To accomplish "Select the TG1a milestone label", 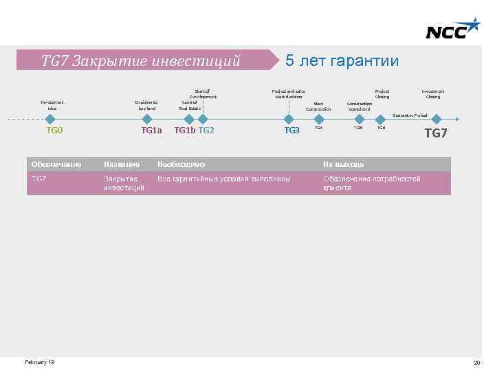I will (151, 130).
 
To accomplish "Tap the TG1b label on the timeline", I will (184, 130).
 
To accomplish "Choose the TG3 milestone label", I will (292, 131).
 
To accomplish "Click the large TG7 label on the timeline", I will (436, 133).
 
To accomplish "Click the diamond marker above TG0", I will (50, 118).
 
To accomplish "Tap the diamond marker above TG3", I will (291, 118).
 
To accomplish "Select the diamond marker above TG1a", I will (148, 118).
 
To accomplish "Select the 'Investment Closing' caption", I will (433, 93).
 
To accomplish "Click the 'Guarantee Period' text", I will (409, 115).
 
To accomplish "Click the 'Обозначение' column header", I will (57, 164).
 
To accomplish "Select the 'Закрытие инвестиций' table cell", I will (124, 183).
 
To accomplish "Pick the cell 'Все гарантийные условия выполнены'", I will (224, 179).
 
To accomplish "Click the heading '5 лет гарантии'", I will (342, 60).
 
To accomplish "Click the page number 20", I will (476, 363).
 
